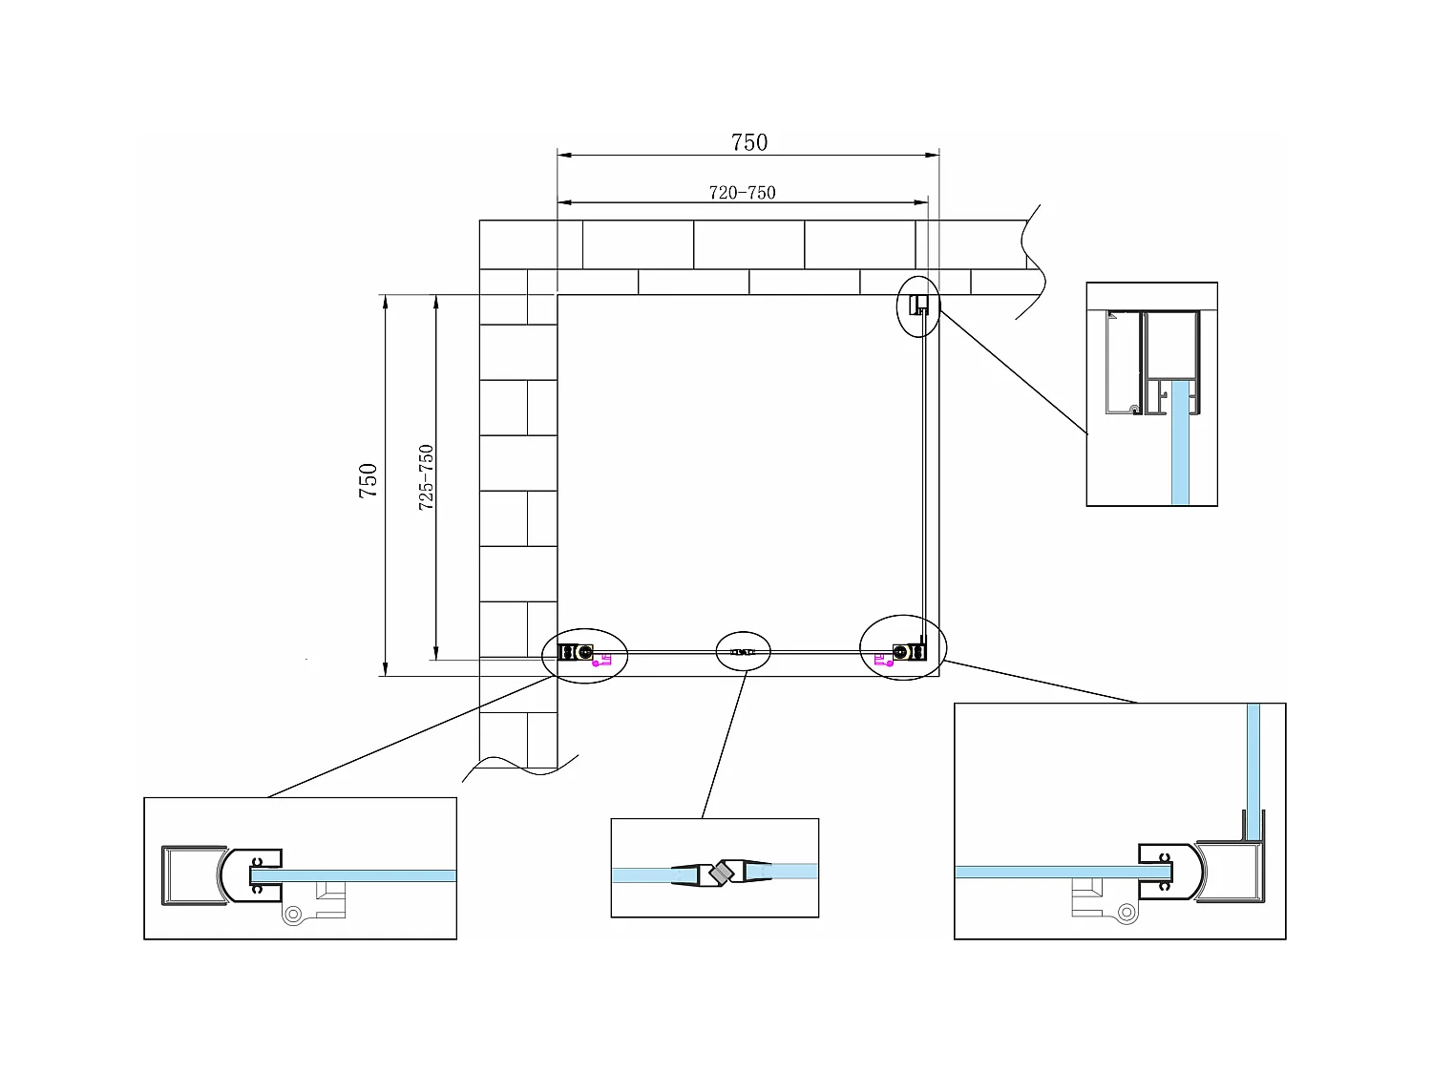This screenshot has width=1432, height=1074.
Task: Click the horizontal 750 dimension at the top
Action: point(748,142)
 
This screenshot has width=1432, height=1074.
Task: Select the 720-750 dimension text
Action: point(742,192)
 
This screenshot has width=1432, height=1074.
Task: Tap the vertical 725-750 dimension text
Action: point(426,476)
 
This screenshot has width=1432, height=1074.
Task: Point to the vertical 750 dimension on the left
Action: point(368,480)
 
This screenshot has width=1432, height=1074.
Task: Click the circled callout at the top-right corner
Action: point(918,305)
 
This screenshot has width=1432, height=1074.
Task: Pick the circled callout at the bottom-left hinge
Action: point(584,654)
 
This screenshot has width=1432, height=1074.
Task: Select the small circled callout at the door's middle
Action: point(744,651)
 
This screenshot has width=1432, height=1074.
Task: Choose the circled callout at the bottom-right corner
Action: point(903,648)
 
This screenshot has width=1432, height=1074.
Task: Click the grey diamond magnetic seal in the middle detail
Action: point(719,873)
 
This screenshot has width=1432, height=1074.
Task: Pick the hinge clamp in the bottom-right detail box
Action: point(1169,871)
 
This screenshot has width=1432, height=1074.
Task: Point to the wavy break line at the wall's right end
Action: point(1033,263)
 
